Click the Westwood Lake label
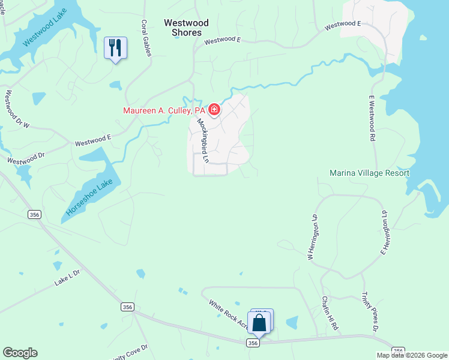pyautogui.click(x=45, y=31)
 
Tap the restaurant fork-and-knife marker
pyautogui.click(x=115, y=47)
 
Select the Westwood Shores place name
pyautogui.click(x=186, y=28)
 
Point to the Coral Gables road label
pyautogui.click(x=145, y=38)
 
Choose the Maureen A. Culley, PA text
pyautogui.click(x=164, y=110)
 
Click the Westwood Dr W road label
pyautogui.click(x=18, y=110)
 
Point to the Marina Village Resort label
pyautogui.click(x=369, y=173)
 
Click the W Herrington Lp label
pyautogui.click(x=312, y=238)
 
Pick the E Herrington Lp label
pyautogui.click(x=383, y=232)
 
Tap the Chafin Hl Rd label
pyautogui.click(x=330, y=314)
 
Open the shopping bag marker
pyautogui.click(x=259, y=322)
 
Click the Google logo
pyautogui.click(x=20, y=353)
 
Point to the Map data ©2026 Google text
pyautogui.click(x=412, y=355)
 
